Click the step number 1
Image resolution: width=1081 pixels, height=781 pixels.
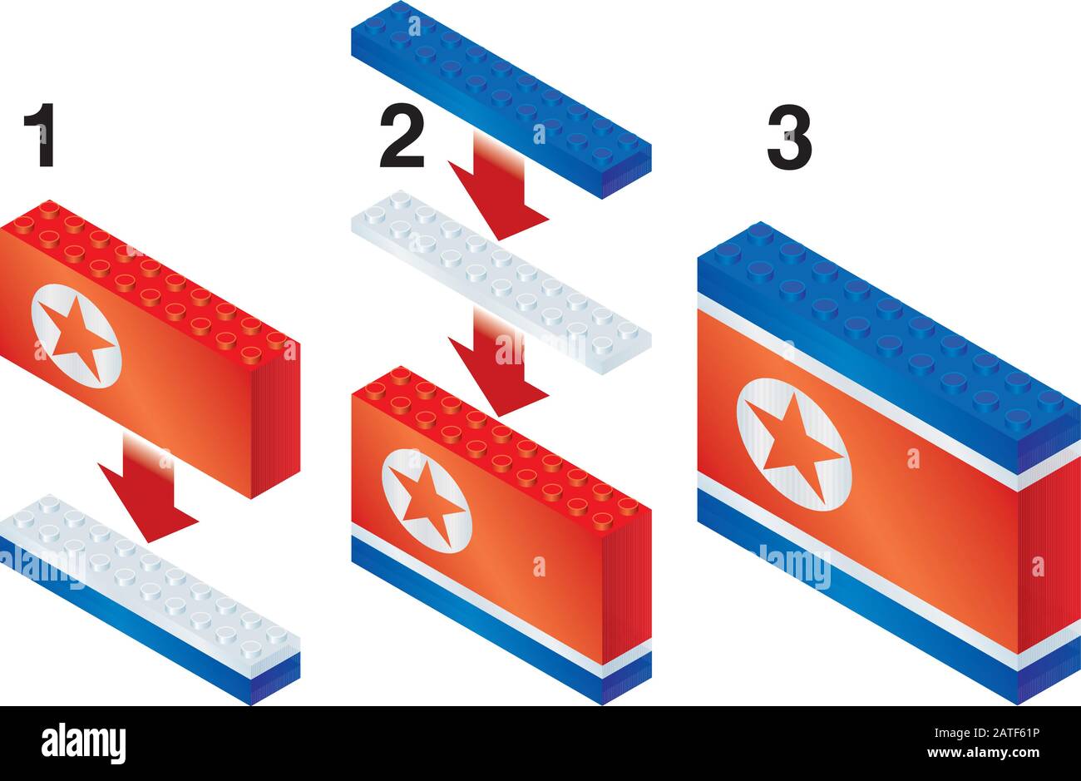click(x=39, y=136)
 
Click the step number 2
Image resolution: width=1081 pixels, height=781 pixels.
click(x=402, y=136)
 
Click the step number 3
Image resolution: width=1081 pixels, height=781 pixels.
click(x=789, y=141)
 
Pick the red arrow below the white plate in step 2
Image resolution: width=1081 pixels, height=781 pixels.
click(x=497, y=366)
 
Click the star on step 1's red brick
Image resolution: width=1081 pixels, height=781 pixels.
click(x=77, y=336)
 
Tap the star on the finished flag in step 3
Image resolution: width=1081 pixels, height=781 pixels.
click(x=793, y=445)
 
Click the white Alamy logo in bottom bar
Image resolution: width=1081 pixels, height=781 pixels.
click(x=84, y=742)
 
